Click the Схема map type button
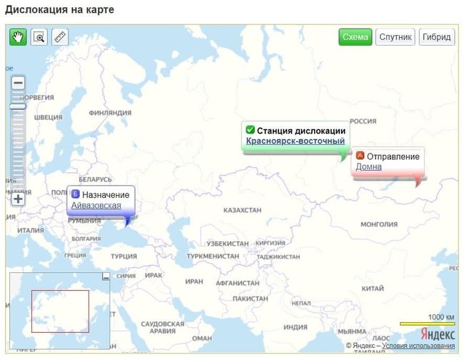355,37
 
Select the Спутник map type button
395,37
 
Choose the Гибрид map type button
436,37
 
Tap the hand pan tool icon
18,37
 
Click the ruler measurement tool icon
60,37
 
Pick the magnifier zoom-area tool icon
39,37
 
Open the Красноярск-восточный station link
296,141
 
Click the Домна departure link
368,167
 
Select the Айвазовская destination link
96,206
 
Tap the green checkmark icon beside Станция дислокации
250,130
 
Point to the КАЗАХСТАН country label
243,211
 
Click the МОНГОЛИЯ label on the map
378,224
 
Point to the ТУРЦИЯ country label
123,256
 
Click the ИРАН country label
194,281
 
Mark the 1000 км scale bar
427,324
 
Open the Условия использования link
418,346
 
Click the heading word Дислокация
36,9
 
